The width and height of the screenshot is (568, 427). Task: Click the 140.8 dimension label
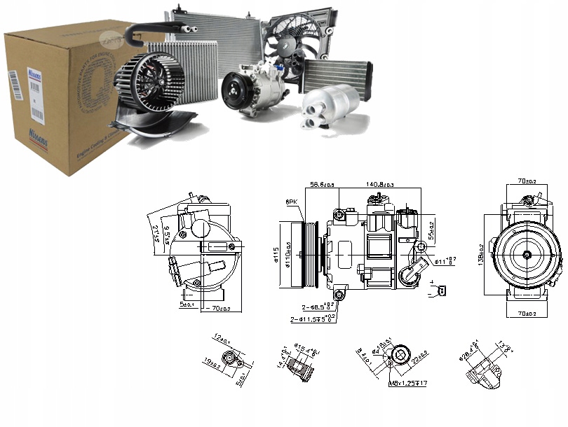click(x=379, y=184)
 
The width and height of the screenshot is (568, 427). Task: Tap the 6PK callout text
click(x=291, y=202)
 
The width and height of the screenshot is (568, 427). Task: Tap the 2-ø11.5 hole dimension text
click(x=314, y=319)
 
